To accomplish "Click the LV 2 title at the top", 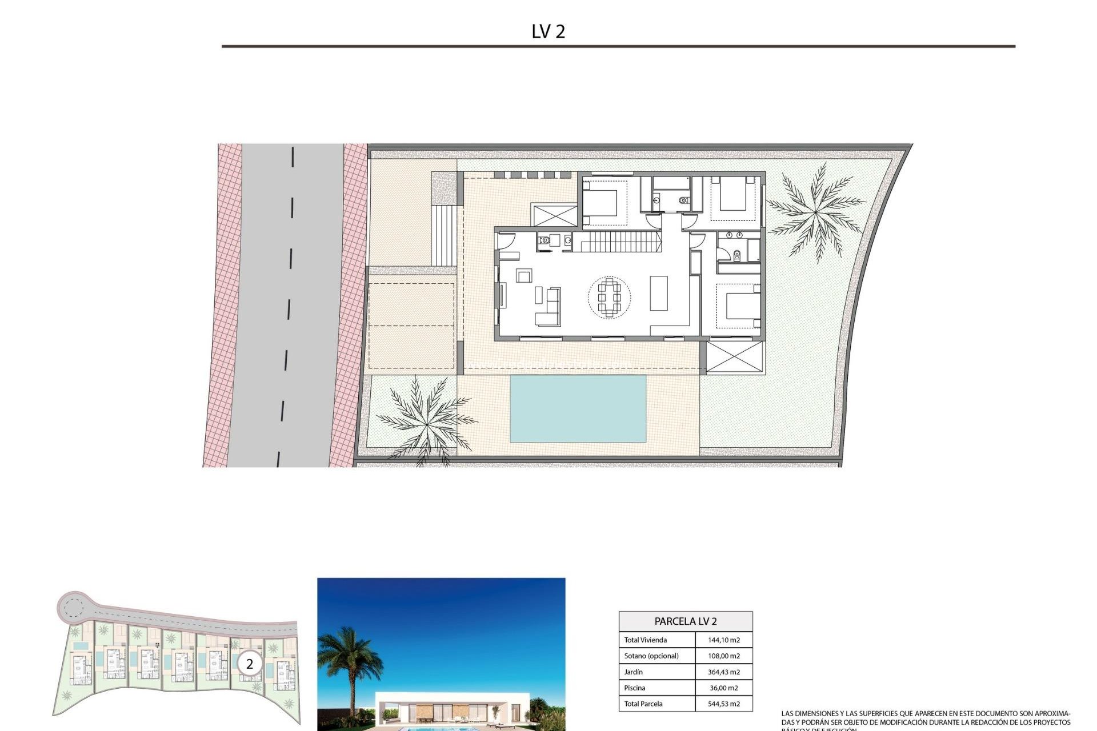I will [548, 31].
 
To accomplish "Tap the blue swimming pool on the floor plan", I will [578, 408].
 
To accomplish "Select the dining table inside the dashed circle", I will [610, 296].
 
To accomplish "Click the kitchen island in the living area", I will [659, 293].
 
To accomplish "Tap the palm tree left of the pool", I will [425, 420].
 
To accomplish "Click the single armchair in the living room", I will [523, 276].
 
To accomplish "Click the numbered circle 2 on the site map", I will [249, 664].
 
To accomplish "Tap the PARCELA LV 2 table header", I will [685, 621].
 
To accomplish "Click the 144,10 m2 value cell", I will [723, 640].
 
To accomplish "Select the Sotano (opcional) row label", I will [651, 656].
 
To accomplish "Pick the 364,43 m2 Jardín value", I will [723, 672].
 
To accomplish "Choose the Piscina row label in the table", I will [635, 688].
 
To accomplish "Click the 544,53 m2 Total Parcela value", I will [723, 704].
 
